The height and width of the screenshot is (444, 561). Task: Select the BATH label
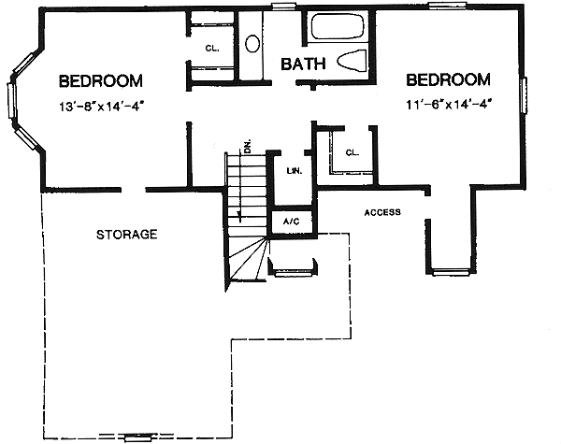[x=305, y=64]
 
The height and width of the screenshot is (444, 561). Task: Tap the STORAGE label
[x=126, y=234]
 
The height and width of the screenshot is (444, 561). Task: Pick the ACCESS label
[x=382, y=212]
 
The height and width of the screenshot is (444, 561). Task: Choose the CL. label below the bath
[x=352, y=151]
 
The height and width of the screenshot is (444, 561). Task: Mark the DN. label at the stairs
[x=247, y=145]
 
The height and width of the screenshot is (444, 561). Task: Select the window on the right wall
[x=525, y=97]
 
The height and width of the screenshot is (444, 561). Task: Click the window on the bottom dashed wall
[x=137, y=437]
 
